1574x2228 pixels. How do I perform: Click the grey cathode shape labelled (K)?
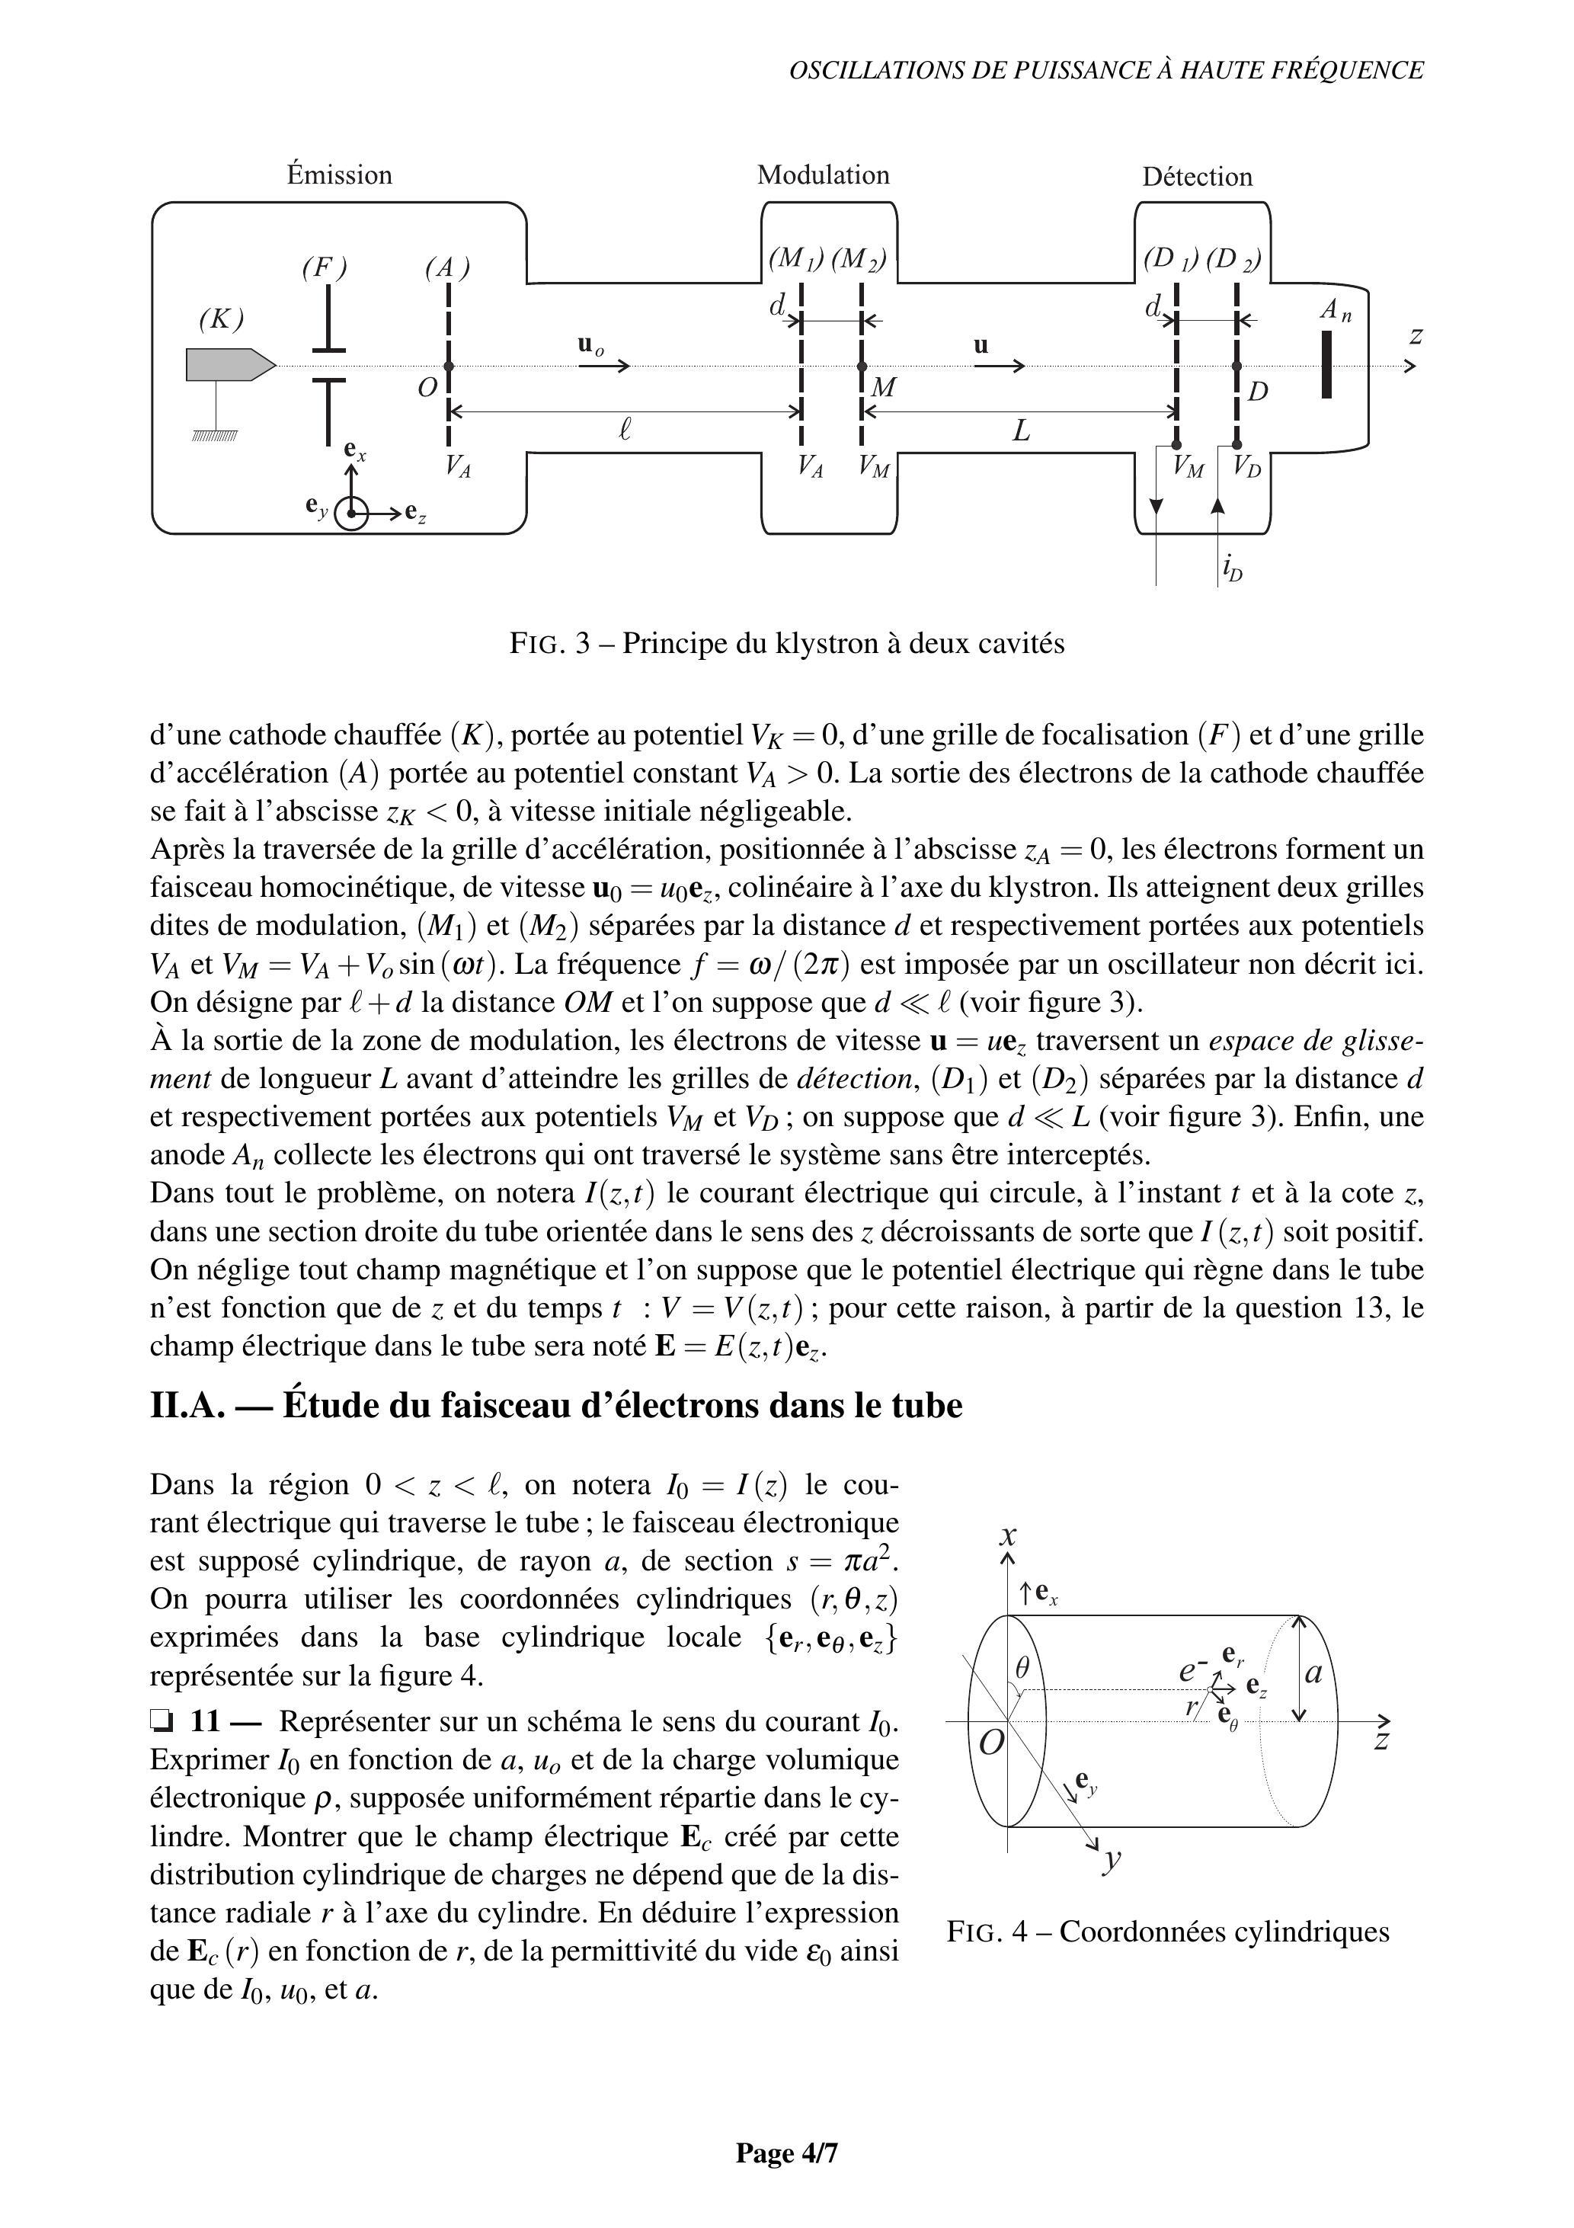tap(226, 365)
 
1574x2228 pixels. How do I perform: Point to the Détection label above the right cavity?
tap(1197, 177)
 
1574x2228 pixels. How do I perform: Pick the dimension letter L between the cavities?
tap(1021, 431)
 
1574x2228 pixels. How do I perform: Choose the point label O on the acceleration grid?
tap(427, 388)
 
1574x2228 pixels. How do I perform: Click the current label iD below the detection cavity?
tap(1231, 568)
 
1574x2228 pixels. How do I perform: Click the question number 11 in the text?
tap(205, 1721)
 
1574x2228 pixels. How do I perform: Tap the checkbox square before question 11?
tap(161, 1722)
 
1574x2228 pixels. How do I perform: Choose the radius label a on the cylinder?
tap(1314, 1673)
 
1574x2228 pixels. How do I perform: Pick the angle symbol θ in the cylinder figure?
tap(1021, 1667)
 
